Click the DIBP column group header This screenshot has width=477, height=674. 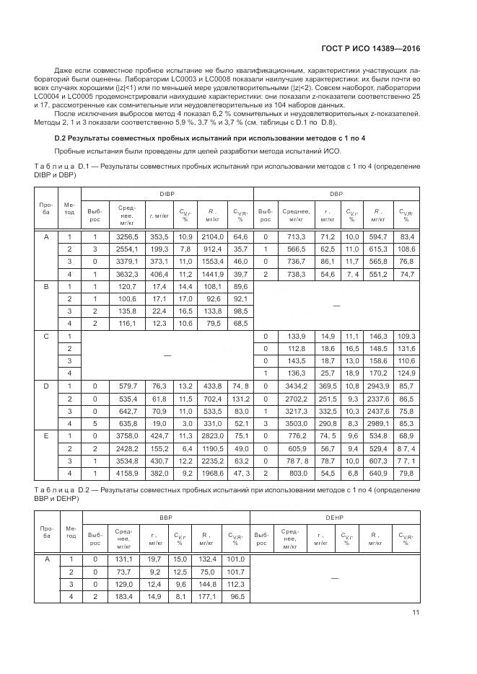click(x=167, y=194)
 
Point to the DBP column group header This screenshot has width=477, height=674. click(x=336, y=194)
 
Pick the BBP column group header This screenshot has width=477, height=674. click(x=166, y=518)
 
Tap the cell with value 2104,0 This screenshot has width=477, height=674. click(x=213, y=236)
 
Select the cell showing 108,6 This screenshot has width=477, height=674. click(x=407, y=249)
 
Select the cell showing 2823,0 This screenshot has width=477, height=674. click(x=213, y=435)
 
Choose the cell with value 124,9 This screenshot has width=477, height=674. click(x=407, y=373)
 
